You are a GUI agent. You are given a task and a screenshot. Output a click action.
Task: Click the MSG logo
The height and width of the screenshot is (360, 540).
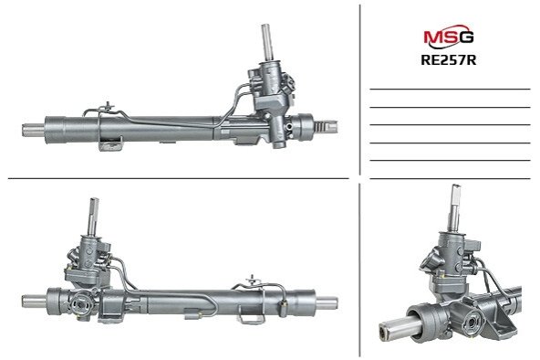(449, 37)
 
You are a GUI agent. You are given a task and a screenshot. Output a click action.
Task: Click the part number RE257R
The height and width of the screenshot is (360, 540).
(449, 60)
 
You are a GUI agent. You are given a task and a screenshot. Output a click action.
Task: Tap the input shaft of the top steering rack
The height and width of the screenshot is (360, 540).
(267, 42)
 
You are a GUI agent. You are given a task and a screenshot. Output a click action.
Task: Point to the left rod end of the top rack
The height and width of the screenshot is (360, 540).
(34, 130)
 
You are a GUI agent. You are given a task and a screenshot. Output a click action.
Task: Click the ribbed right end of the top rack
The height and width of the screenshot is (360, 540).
(326, 127)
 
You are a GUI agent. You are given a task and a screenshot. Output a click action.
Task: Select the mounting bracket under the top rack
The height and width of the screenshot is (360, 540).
(110, 143)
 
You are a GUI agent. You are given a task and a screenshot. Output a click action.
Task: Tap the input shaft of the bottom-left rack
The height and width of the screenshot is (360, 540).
(94, 216)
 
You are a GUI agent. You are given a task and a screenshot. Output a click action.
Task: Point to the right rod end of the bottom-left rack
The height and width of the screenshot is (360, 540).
(327, 302)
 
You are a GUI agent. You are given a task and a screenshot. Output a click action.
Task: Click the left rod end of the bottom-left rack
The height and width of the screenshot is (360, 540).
(34, 302)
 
